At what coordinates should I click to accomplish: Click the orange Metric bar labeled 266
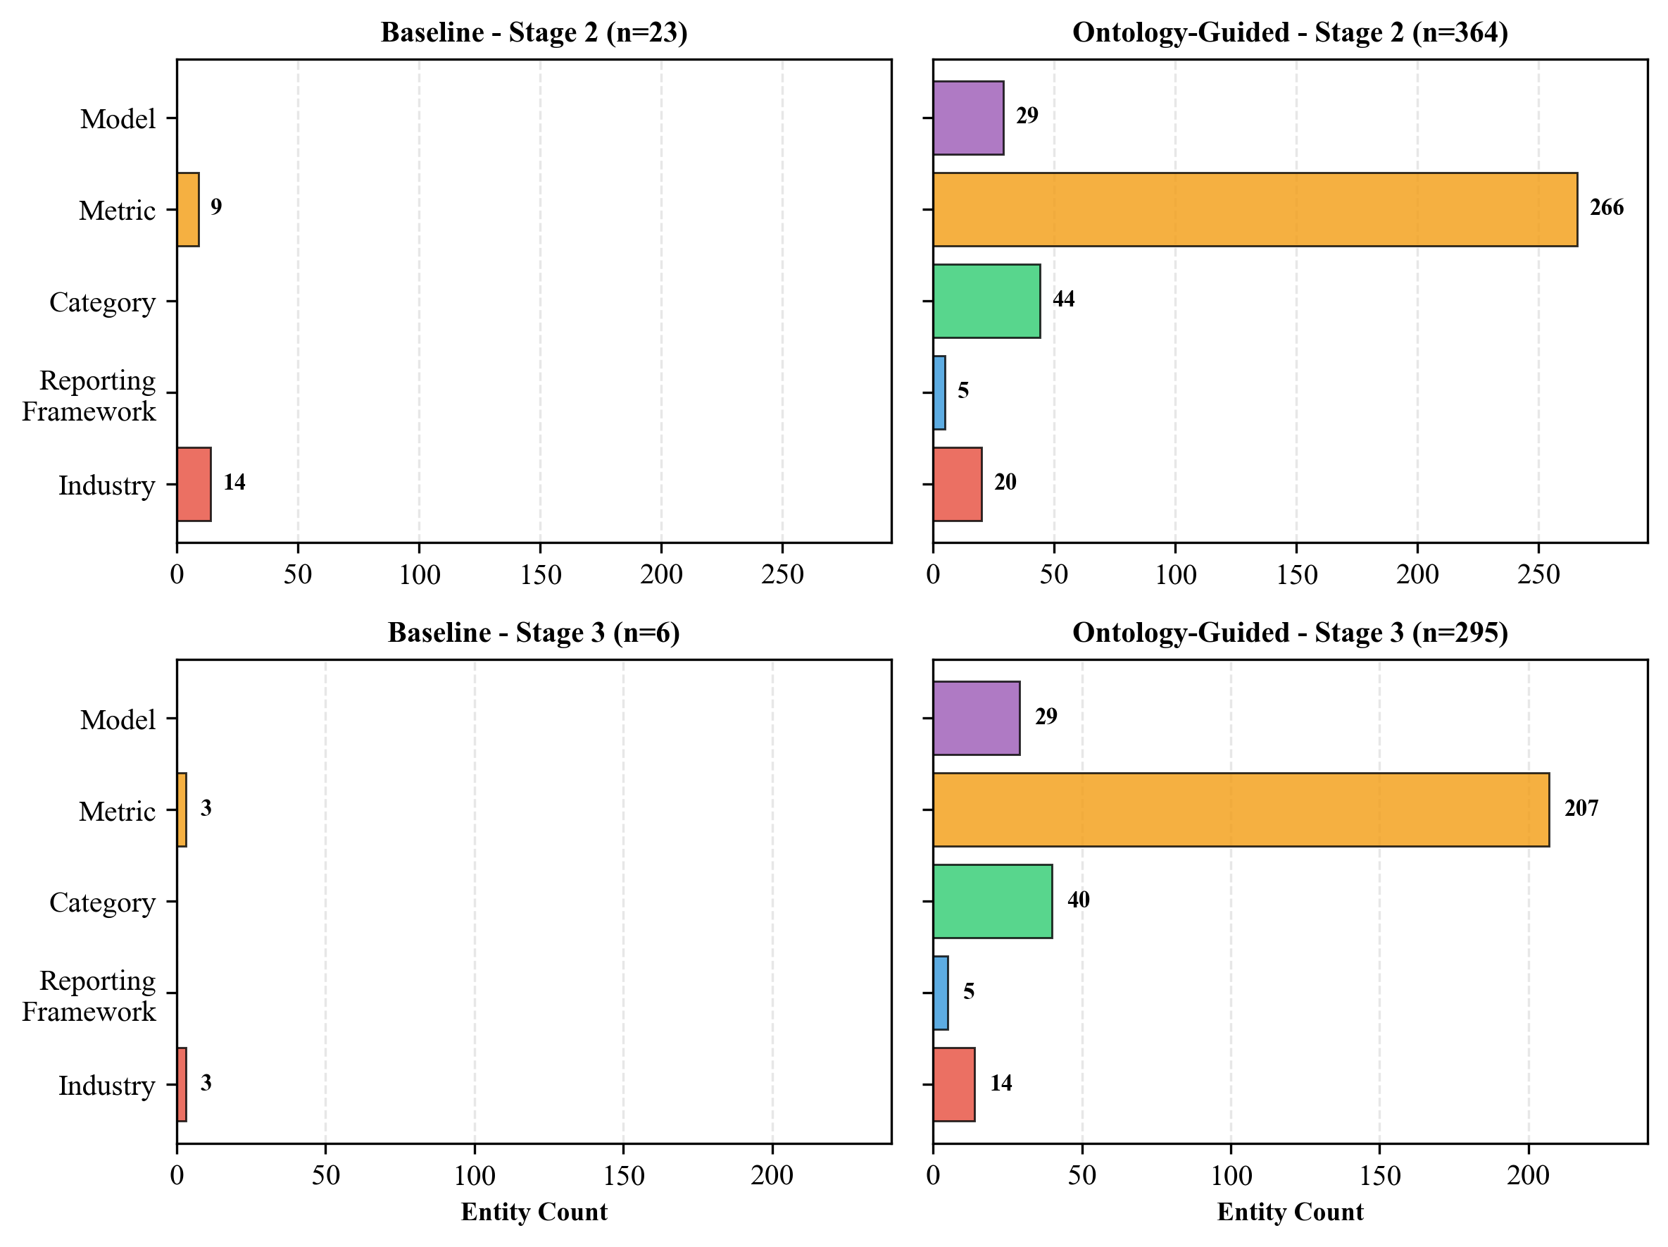click(x=1255, y=210)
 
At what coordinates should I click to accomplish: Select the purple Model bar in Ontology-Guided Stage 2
click(x=968, y=118)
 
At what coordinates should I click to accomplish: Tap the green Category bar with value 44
click(x=986, y=301)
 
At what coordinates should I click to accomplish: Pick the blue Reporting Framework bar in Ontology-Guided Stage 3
click(x=941, y=993)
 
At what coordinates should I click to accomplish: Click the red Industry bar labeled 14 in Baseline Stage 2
click(x=194, y=484)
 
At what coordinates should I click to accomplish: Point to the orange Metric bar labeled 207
click(x=1241, y=809)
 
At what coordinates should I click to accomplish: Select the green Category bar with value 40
click(x=992, y=902)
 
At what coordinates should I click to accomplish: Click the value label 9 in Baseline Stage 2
click(x=216, y=207)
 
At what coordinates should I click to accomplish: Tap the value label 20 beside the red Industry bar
click(x=1005, y=482)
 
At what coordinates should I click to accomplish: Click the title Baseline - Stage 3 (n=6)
click(x=534, y=632)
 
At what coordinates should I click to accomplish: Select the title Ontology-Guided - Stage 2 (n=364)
click(x=1290, y=32)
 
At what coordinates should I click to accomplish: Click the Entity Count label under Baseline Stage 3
click(x=534, y=1212)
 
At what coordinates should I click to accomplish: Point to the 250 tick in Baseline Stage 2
click(x=782, y=575)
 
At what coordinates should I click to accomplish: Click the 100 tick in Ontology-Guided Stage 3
click(x=1231, y=1175)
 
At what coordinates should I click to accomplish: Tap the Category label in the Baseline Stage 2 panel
click(x=103, y=302)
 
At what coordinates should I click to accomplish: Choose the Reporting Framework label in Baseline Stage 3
click(x=89, y=995)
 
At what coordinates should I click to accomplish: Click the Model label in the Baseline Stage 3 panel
click(x=118, y=720)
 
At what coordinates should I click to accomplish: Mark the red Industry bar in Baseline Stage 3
click(x=182, y=1085)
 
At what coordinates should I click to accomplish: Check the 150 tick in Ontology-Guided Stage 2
click(x=1296, y=575)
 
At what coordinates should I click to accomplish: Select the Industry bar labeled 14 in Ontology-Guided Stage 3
click(x=954, y=1085)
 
